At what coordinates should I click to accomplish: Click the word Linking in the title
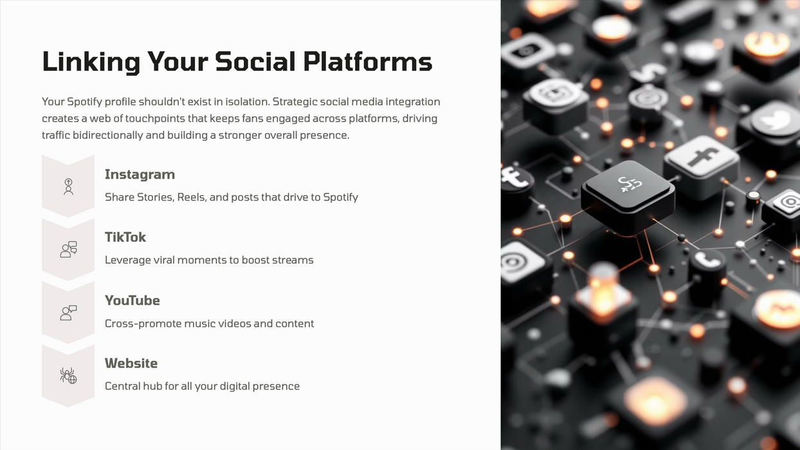click(91, 62)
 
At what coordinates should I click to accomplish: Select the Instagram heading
click(140, 174)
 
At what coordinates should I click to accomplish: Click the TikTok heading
click(125, 237)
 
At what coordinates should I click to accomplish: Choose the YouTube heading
click(132, 300)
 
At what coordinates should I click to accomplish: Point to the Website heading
click(131, 363)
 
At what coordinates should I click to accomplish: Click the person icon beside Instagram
click(68, 186)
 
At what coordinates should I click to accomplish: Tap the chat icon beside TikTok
click(68, 249)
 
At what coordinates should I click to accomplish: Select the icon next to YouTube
click(68, 312)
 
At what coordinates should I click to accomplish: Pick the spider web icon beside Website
click(68, 375)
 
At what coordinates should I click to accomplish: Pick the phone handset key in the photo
click(707, 260)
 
